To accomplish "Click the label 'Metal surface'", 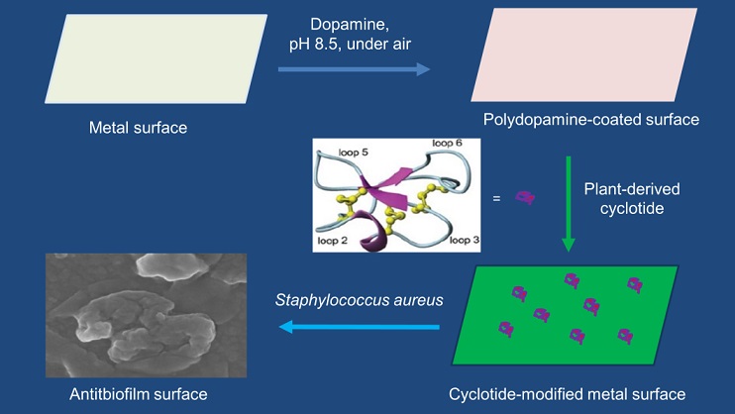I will pos(138,127).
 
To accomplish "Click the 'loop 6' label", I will pos(445,144).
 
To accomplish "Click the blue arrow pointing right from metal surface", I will pos(353,70).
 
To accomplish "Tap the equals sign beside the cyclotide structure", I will pos(496,198).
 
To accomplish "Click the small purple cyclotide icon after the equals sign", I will pos(525,199).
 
